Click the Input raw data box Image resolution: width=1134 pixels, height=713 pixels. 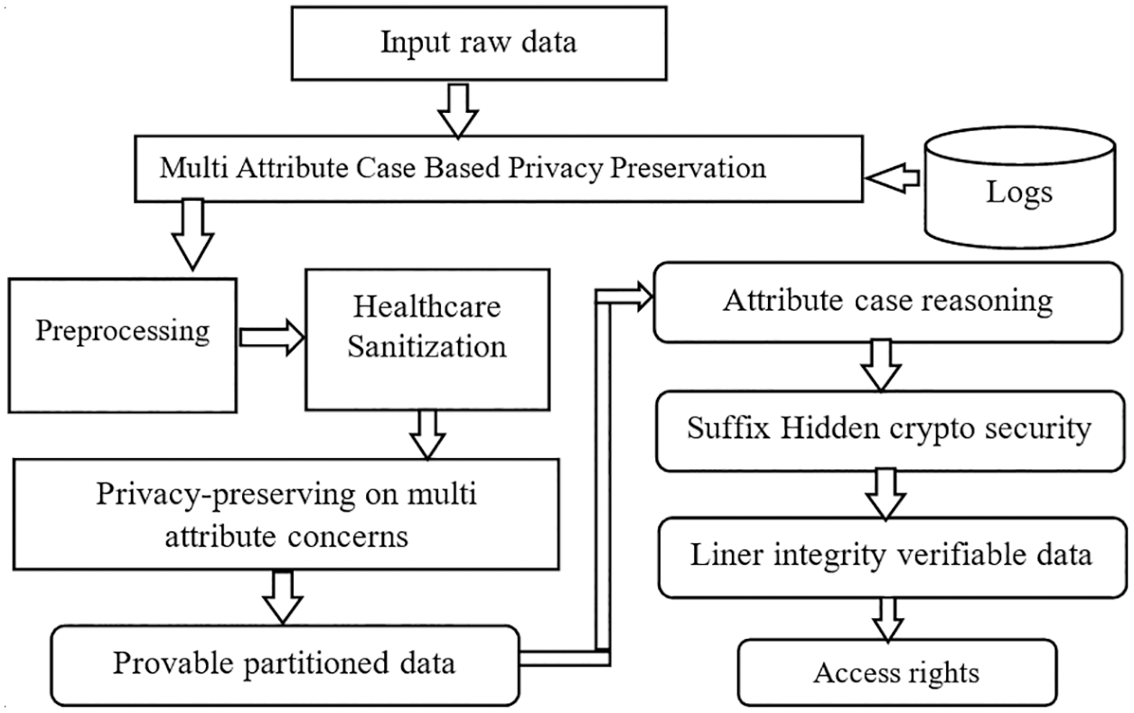click(479, 42)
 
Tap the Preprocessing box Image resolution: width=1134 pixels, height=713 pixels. click(123, 332)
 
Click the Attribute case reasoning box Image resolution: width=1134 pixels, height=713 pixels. click(887, 302)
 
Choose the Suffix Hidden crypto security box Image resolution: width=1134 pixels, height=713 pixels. click(887, 430)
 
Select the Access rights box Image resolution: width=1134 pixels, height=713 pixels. click(896, 673)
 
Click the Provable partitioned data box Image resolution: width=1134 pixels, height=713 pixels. click(284, 664)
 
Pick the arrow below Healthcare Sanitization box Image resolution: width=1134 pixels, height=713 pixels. click(427, 434)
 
